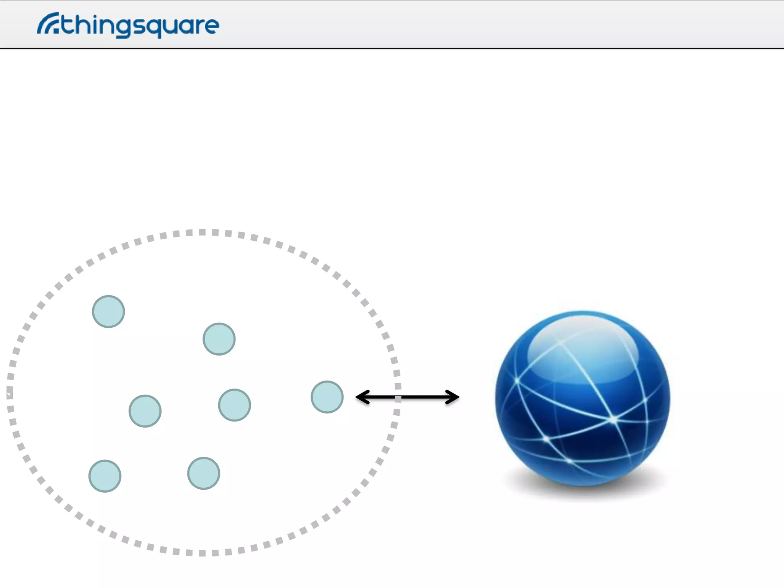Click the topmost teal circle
(108, 311)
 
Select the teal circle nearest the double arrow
(327, 397)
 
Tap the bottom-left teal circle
(105, 476)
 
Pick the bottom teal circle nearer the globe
(204, 473)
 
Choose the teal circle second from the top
(219, 339)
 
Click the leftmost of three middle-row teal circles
(145, 411)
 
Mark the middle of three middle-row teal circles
(234, 405)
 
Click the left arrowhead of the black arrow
(362, 397)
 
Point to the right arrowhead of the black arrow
(453, 397)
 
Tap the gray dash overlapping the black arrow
(398, 399)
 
